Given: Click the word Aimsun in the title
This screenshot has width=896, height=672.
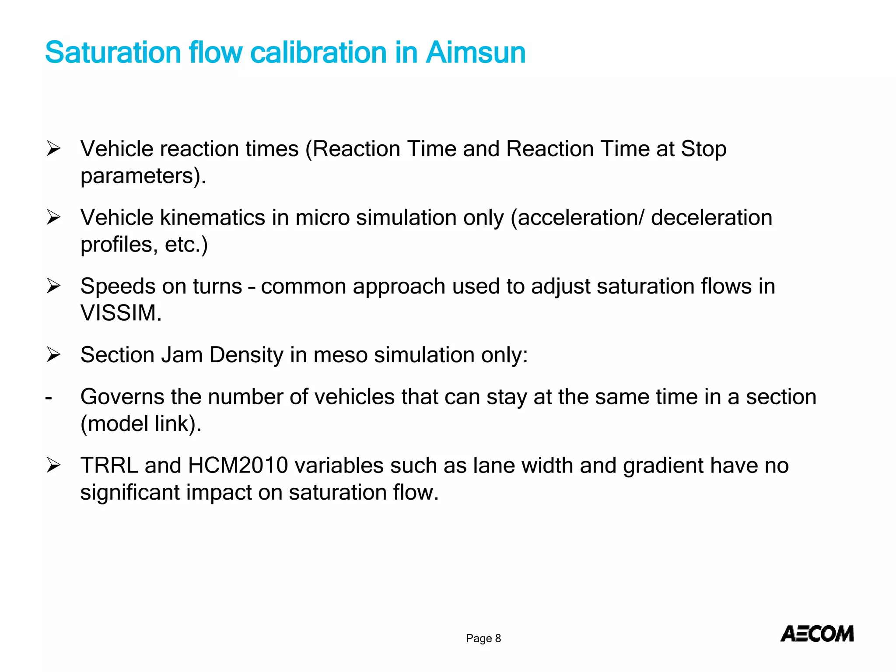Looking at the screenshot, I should coord(476,52).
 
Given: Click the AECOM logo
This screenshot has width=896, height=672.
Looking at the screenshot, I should coord(817,634).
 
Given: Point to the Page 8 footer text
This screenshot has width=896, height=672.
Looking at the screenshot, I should coord(483,638).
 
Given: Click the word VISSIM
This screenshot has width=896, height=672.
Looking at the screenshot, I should coord(121,313).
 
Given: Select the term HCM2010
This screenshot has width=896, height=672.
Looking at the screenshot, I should coord(238,465).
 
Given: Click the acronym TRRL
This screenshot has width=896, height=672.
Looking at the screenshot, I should coord(109,465).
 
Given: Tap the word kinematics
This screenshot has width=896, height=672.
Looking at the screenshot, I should coord(213,217).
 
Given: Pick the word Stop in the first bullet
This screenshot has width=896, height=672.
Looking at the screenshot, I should coord(703,149).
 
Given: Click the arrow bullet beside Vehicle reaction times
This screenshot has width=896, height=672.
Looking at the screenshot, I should coord(53,149).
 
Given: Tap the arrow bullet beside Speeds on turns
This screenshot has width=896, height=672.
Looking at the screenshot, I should coord(53,286).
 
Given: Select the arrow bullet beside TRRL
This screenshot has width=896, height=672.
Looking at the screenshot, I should coord(53,465).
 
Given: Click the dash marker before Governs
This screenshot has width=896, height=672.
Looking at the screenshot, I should coord(49,398).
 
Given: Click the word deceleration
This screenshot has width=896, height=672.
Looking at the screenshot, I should coord(711,217).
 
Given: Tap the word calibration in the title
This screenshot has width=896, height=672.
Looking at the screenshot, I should coord(318,52).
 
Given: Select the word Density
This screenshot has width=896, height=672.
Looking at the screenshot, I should coord(246,355).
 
